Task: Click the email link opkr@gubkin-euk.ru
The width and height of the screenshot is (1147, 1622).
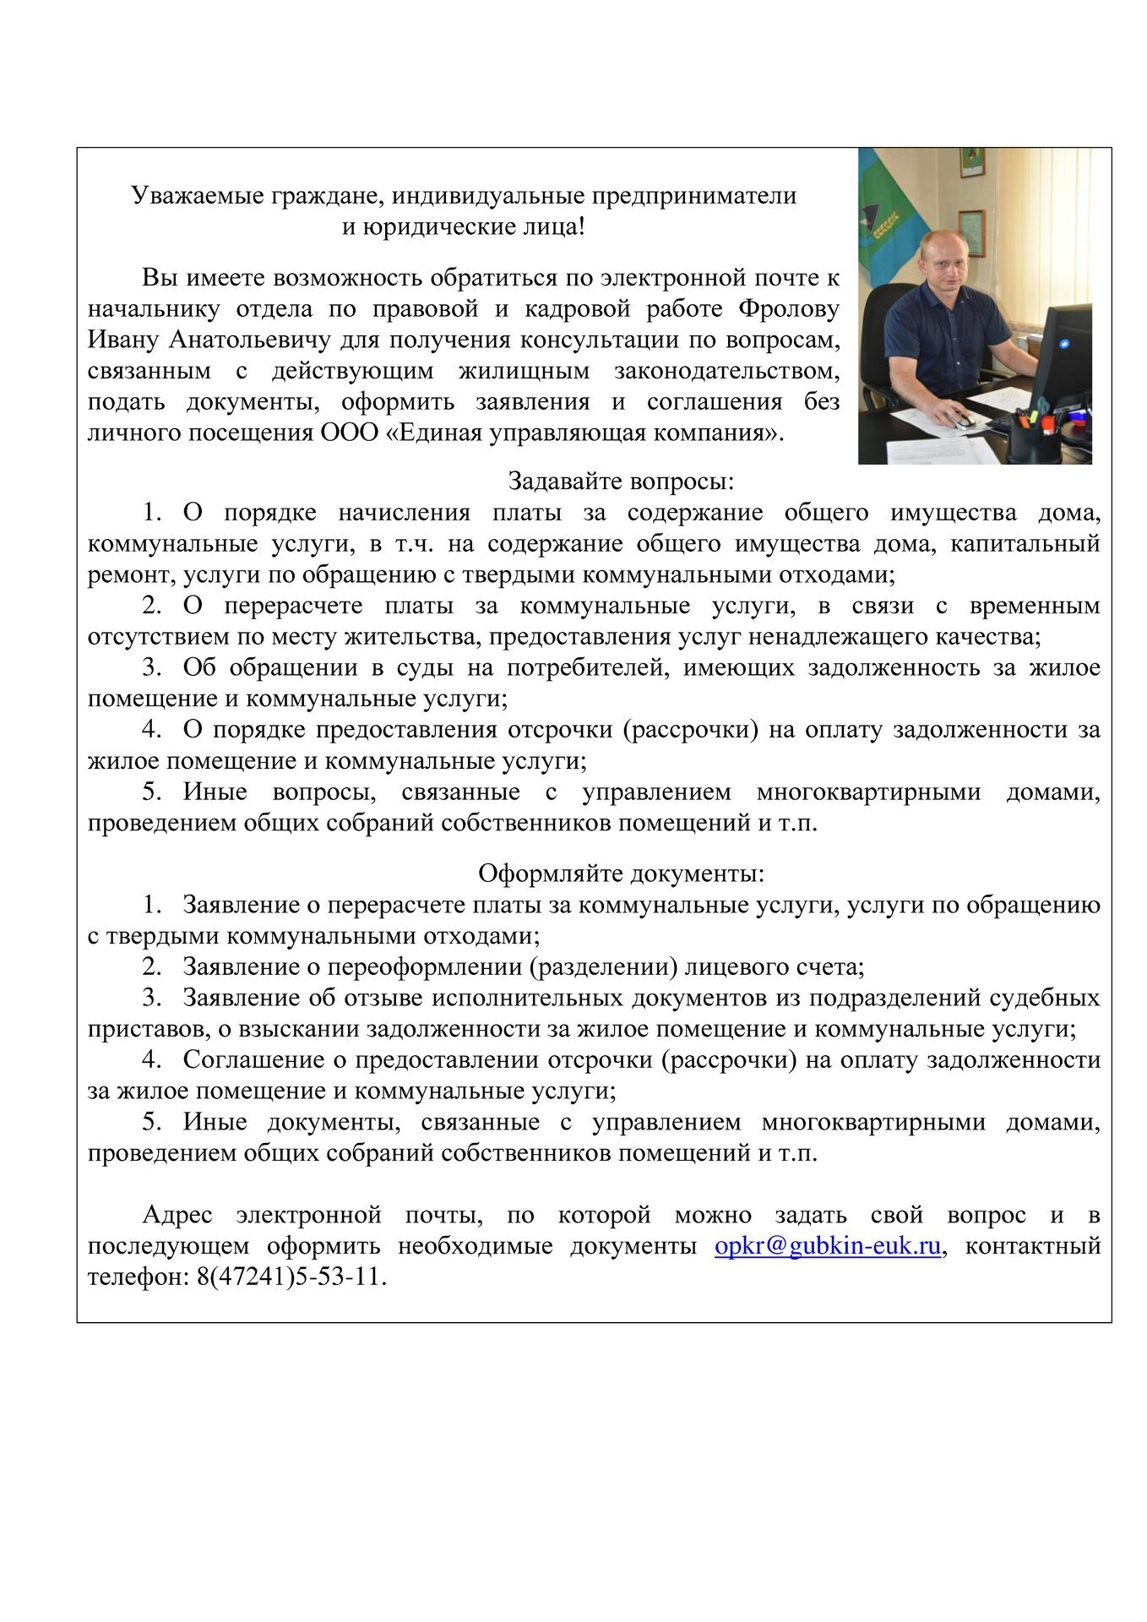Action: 827,1246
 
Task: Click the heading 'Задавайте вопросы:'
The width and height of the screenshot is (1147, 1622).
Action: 621,482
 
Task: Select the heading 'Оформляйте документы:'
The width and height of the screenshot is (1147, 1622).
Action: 621,873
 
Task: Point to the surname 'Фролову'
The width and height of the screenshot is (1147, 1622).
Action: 789,309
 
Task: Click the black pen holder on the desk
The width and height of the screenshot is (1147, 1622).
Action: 1031,436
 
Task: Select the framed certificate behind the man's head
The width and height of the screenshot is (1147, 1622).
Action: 970,233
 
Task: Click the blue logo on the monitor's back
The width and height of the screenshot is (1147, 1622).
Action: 1063,344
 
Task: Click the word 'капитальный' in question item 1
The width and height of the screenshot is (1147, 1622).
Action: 1025,543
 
